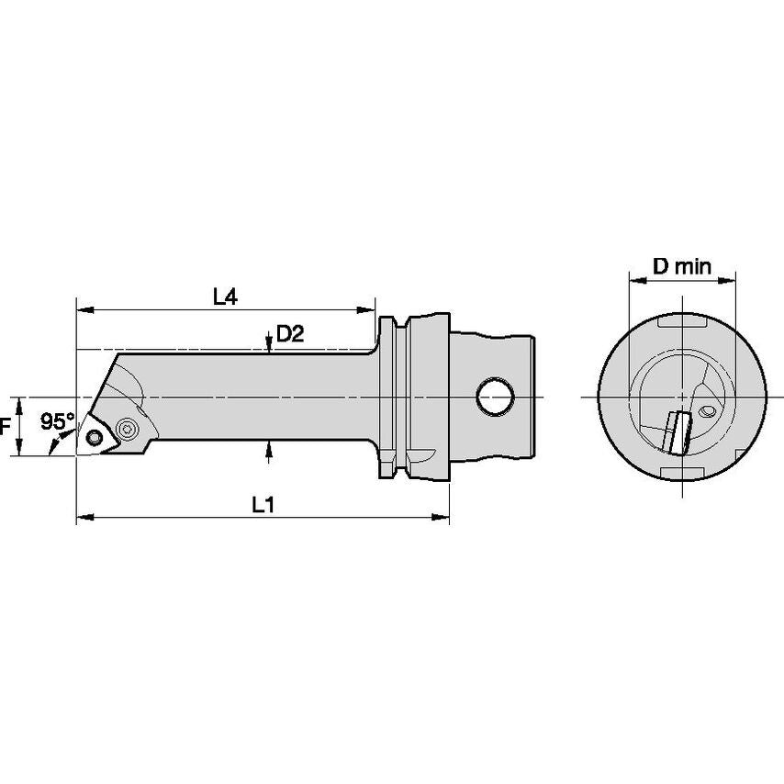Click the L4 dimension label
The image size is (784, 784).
pyautogui.click(x=226, y=297)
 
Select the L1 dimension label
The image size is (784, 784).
pyautogui.click(x=263, y=505)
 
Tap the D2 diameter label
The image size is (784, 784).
pyautogui.click(x=290, y=334)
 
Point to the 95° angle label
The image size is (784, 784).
pyautogui.click(x=58, y=421)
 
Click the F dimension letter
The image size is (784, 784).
pyautogui.click(x=5, y=427)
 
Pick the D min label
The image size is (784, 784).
pyautogui.click(x=682, y=266)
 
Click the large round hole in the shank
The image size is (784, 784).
pyautogui.click(x=495, y=396)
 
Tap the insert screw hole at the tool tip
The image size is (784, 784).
pyautogui.click(x=94, y=438)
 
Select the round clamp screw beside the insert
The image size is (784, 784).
pyautogui.click(x=125, y=429)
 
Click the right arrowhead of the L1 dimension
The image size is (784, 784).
pyautogui.click(x=440, y=517)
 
